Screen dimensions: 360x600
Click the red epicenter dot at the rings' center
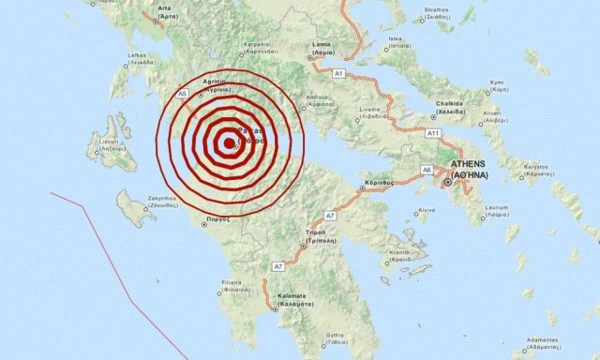click(230, 144)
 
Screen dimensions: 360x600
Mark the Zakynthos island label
click(134, 200)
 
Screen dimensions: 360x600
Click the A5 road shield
click(184, 95)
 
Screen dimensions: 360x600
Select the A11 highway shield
click(433, 134)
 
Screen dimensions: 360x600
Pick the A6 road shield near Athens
click(427, 170)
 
